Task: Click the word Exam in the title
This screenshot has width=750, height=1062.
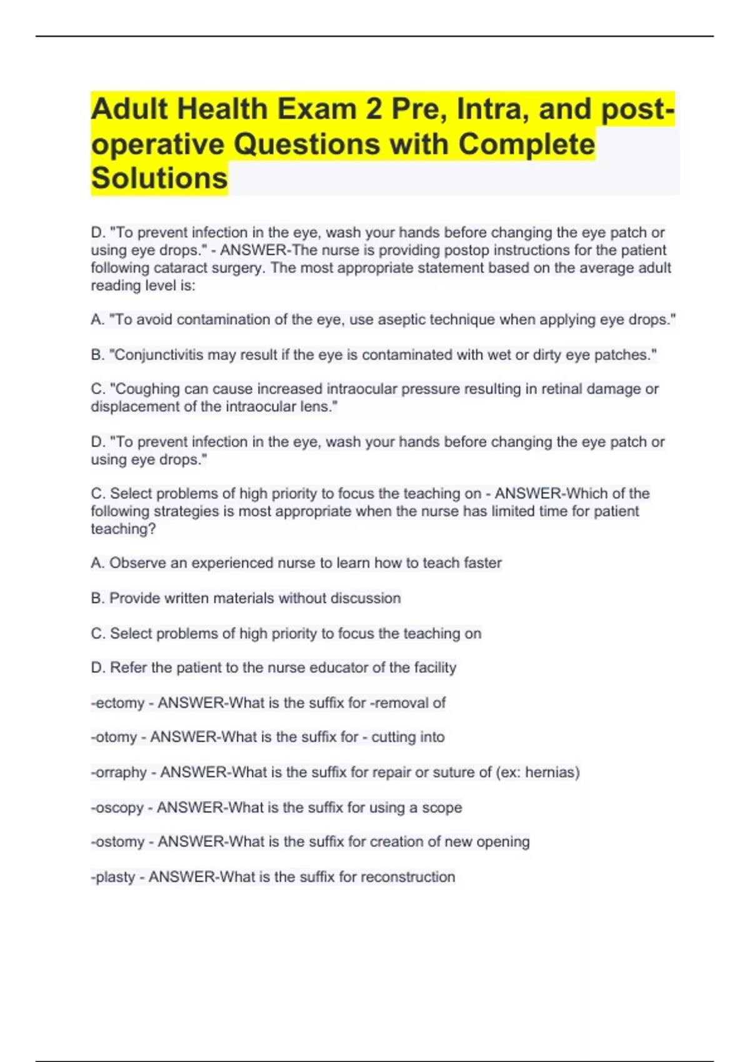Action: pos(316,109)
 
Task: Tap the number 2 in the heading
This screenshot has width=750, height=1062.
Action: pos(374,109)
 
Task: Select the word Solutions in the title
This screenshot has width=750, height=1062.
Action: pos(159,178)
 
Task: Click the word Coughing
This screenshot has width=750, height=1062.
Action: pos(144,389)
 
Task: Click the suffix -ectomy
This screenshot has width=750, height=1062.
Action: pos(117,703)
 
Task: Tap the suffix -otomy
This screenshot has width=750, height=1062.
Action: pos(114,738)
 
